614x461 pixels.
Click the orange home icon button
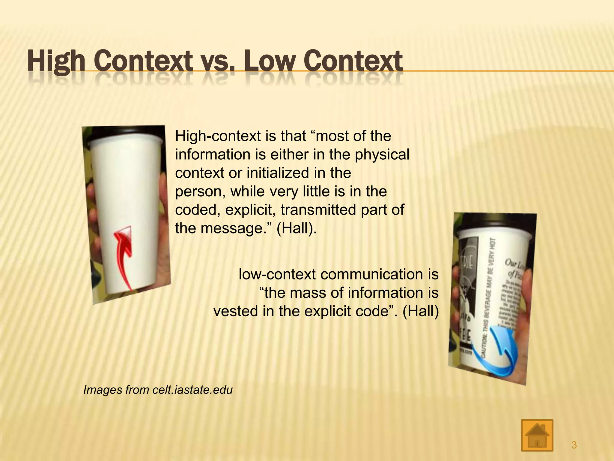point(537,435)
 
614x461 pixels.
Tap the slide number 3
point(574,445)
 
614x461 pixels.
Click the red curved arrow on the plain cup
point(124,255)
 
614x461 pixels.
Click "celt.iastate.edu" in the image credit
point(192,390)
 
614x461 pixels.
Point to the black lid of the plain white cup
point(124,134)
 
